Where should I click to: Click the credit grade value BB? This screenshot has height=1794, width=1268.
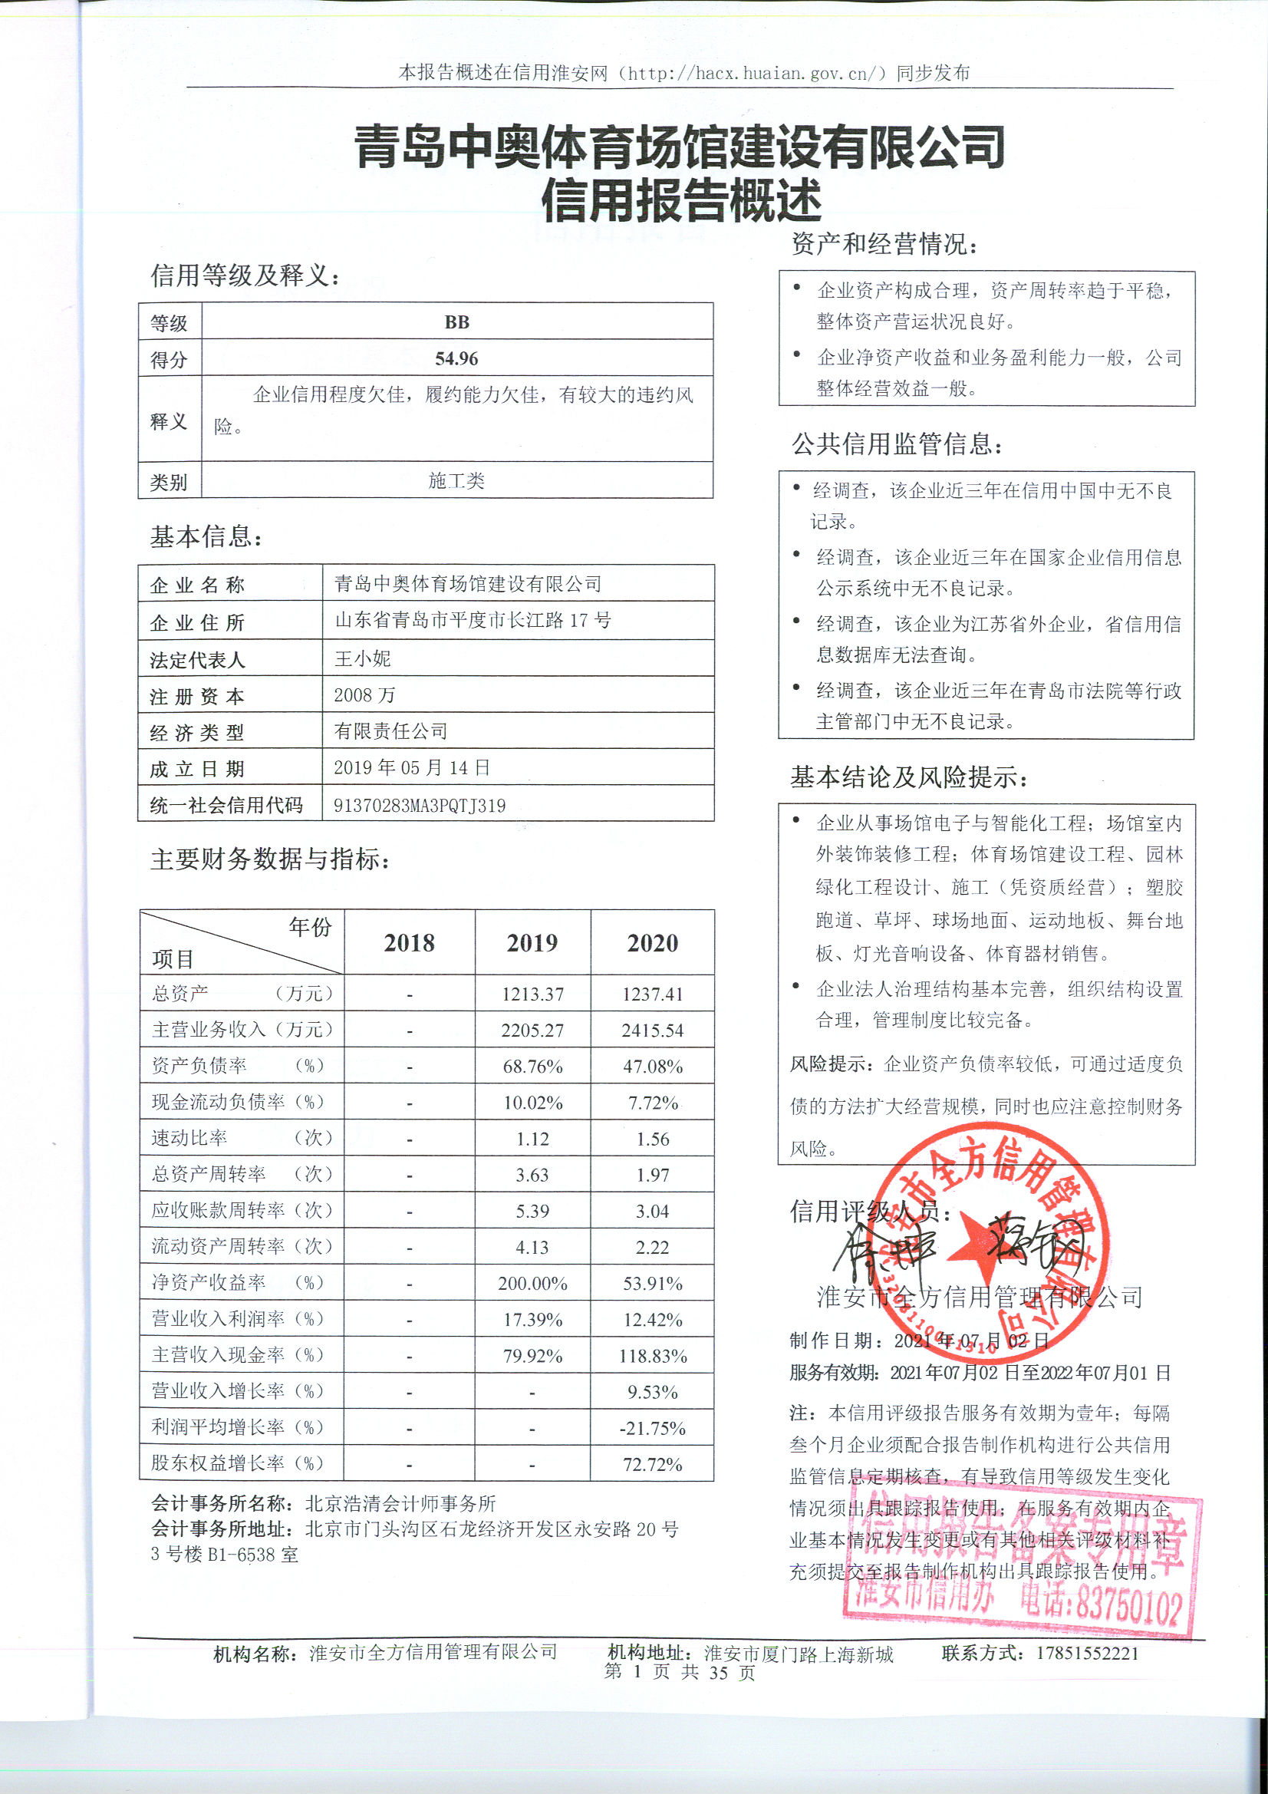456,322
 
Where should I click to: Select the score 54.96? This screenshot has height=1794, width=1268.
456,358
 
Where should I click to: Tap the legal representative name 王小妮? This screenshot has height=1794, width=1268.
362,658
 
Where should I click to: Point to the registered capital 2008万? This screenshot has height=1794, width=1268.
364,694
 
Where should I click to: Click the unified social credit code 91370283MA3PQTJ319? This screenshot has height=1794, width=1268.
420,806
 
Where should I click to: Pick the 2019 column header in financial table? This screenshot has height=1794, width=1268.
532,943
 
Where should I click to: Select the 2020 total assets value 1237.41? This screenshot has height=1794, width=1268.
652,994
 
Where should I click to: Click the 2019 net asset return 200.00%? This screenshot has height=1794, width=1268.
532,1283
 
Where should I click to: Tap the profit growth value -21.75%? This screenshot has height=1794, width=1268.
652,1427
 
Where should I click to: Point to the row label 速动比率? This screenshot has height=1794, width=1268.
189,1138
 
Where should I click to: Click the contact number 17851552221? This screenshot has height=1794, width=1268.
1088,1654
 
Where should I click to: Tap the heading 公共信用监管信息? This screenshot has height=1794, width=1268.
896,444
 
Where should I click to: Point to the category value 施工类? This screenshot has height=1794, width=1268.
456,480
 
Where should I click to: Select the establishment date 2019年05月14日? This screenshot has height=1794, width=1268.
412,767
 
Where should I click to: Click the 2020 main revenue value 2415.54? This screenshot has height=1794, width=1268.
652,1030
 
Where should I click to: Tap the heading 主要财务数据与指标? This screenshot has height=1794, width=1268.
269,859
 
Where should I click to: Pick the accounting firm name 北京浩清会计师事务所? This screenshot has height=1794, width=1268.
400,1503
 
